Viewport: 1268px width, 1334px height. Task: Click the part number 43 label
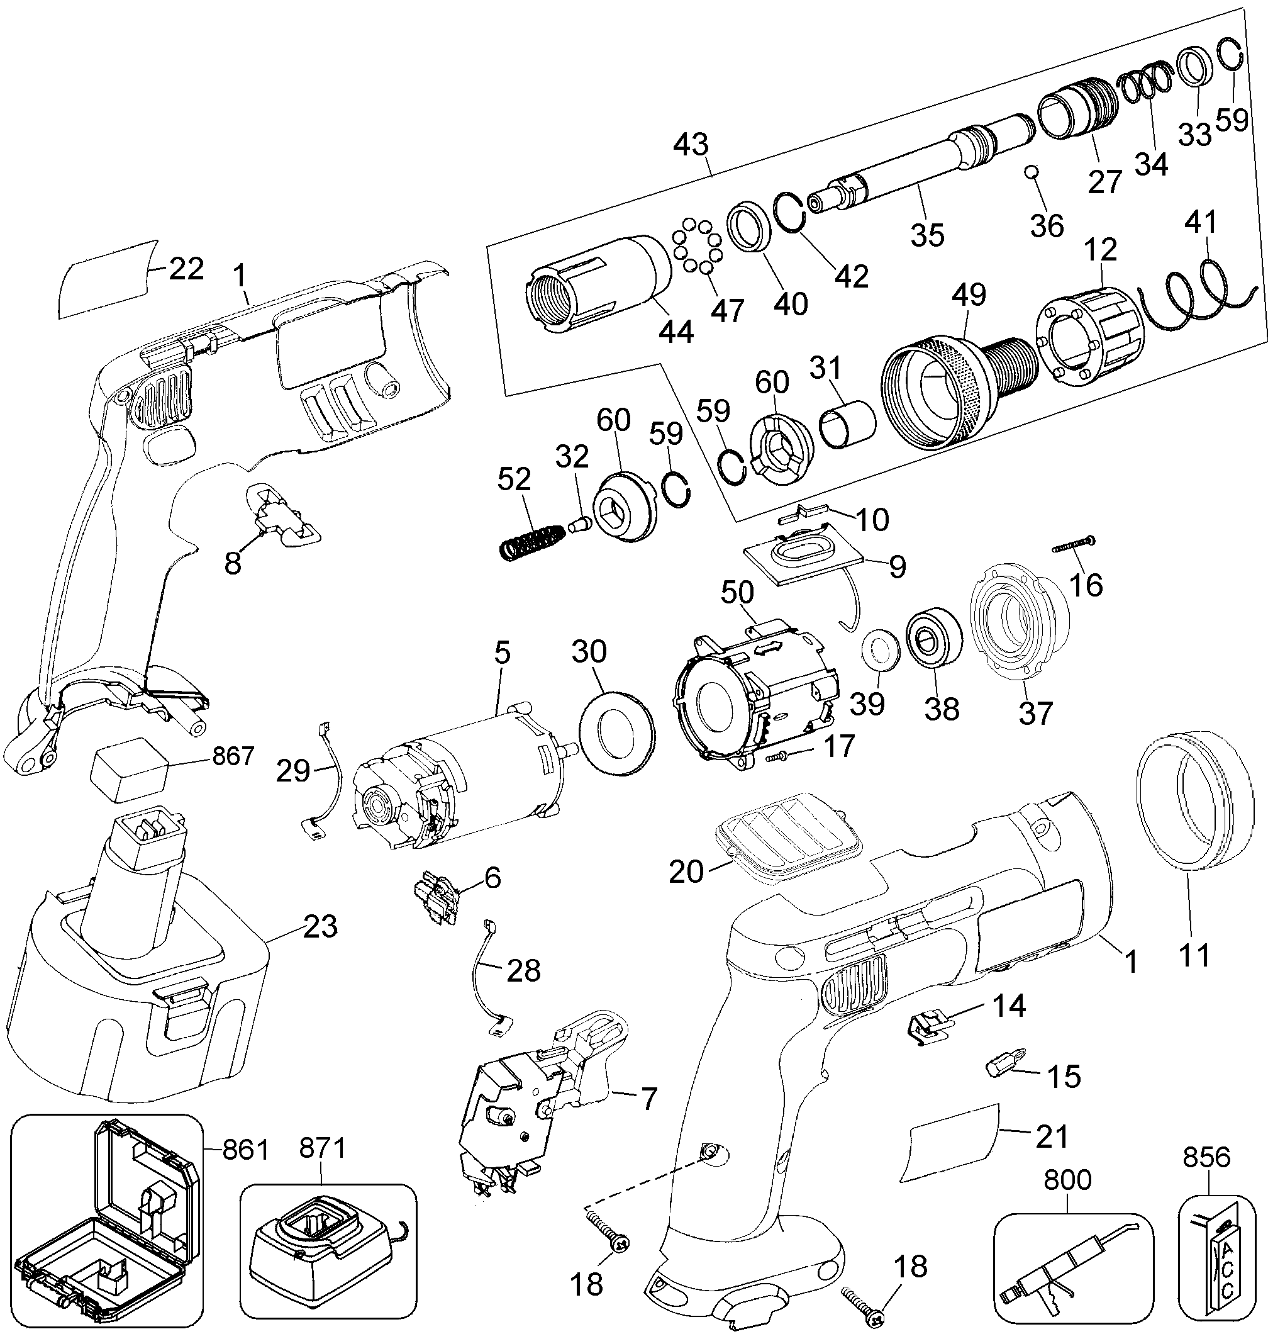tap(691, 144)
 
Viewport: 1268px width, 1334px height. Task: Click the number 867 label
tap(233, 755)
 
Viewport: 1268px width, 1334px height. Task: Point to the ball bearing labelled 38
tap(934, 638)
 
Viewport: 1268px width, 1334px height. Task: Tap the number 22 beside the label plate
tap(186, 269)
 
